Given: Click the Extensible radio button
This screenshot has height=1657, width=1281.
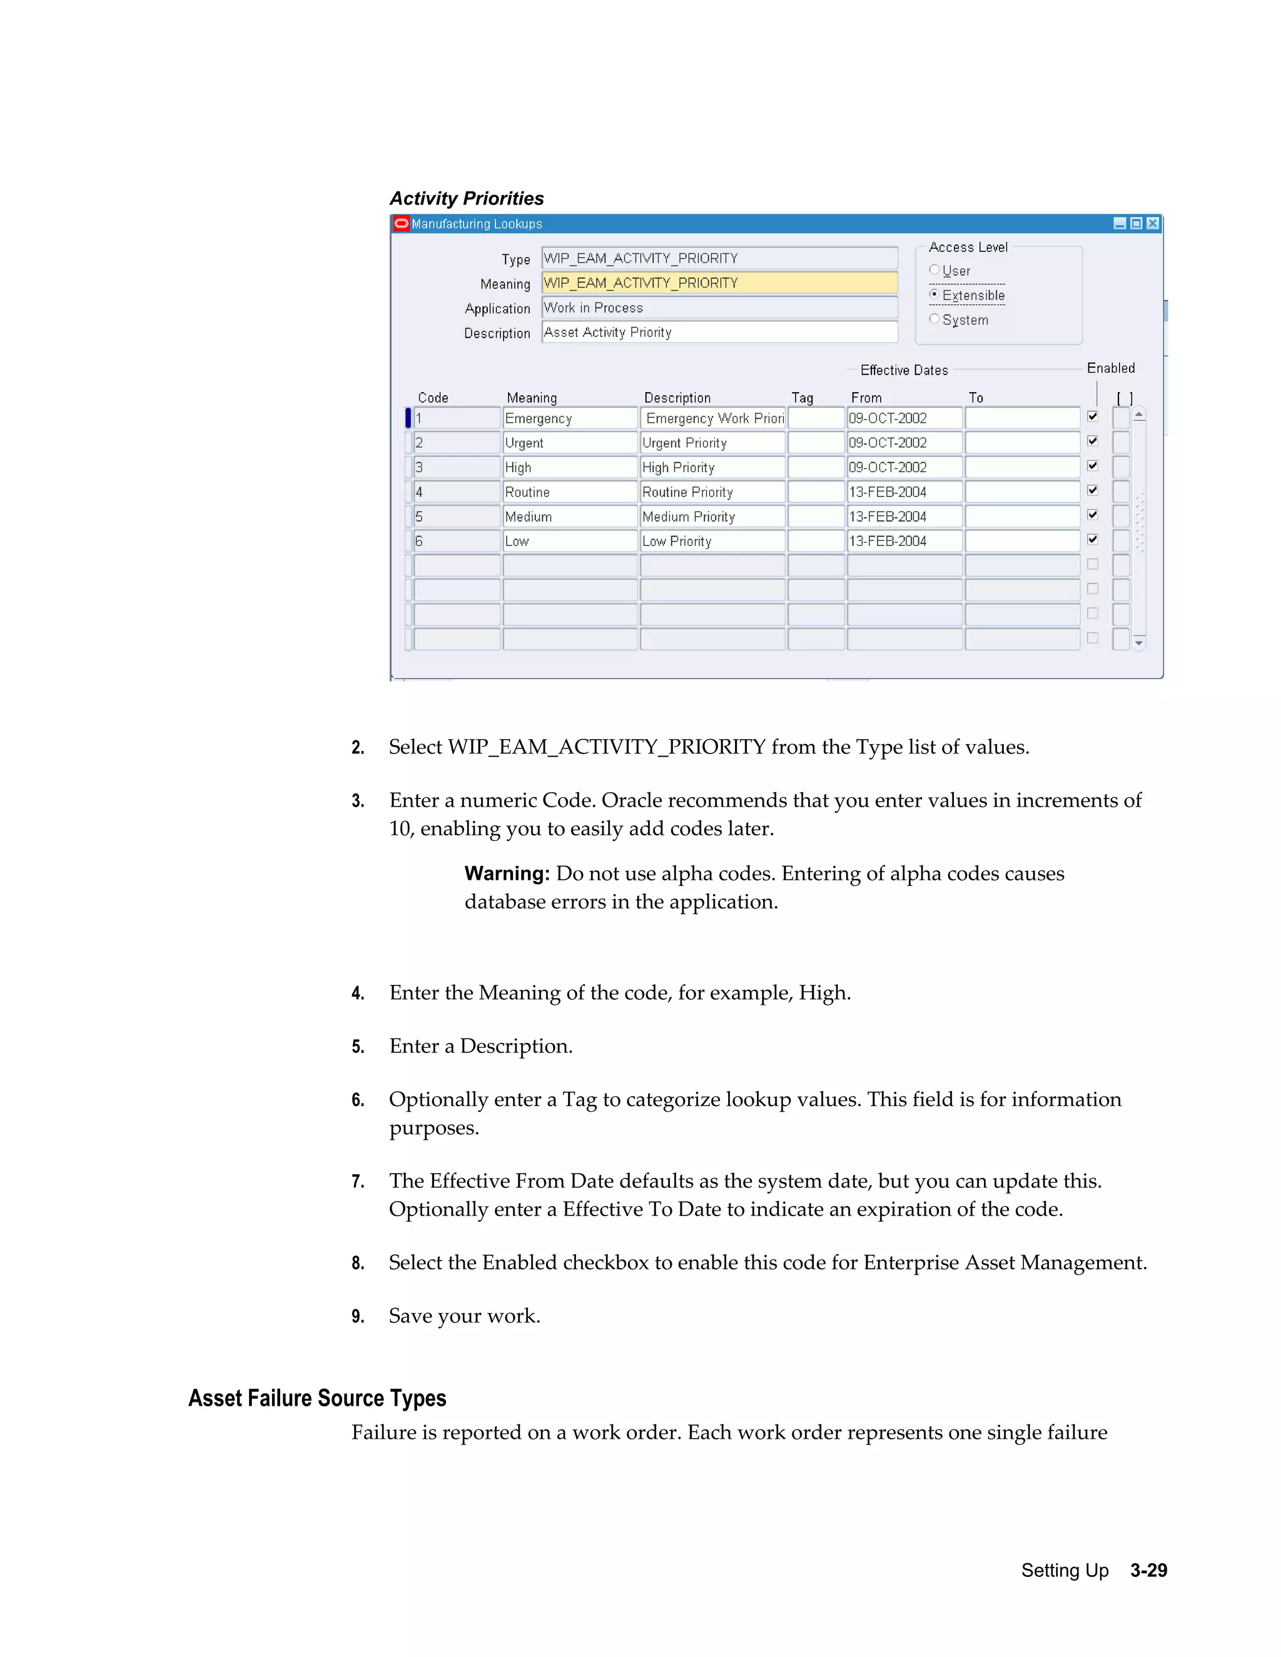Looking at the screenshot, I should coord(934,295).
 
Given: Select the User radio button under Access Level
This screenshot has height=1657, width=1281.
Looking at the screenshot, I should coord(934,270).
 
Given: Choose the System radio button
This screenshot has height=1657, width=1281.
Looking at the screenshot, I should coord(934,320).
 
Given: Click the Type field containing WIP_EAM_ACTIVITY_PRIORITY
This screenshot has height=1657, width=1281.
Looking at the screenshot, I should coord(719,259).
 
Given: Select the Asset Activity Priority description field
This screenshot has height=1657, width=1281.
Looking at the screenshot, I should coord(719,332).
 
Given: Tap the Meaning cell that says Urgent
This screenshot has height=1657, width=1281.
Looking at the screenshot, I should coord(569,443).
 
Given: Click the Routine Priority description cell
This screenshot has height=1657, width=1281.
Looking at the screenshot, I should coord(711,492).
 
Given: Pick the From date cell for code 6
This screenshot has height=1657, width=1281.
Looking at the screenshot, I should coord(904,541).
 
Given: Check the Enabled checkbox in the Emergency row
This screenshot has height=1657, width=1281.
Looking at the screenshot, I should coord(1092,416).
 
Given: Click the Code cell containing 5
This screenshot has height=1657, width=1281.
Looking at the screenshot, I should coord(456,516).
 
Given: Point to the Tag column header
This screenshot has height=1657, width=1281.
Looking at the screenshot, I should coord(802,398).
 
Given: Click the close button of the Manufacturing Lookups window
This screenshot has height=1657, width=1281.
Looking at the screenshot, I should coord(1153,223).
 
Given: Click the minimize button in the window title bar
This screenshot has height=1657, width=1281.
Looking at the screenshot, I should coord(1120,223).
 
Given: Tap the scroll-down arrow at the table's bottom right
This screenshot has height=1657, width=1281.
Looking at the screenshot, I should coord(1138,643).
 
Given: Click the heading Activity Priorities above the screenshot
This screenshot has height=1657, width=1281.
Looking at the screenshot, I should coord(466,199).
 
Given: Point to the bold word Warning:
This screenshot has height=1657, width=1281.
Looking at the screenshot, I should coord(506,874).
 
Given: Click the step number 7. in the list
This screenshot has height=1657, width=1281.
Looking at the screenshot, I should coord(357,1181).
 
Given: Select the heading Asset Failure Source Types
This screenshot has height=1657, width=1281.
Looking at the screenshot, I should coord(316,1398).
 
